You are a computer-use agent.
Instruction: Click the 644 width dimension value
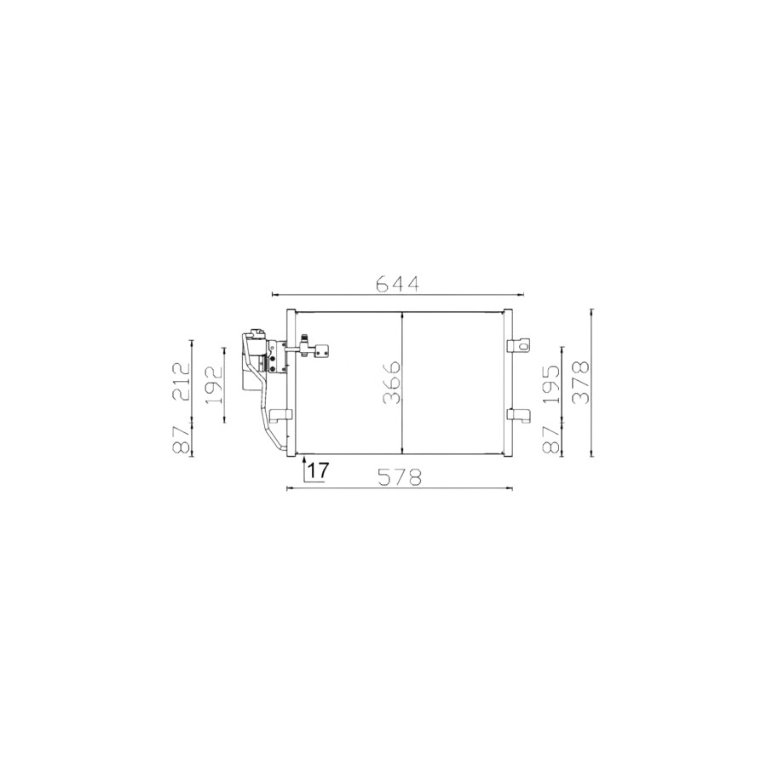[397, 284]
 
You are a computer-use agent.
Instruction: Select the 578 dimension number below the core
[399, 477]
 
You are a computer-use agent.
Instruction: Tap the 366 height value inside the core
[392, 383]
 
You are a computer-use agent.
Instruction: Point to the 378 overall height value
[581, 383]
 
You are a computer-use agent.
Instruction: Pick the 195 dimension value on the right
[551, 384]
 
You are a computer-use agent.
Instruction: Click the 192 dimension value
[214, 384]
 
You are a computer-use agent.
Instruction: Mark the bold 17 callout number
[319, 470]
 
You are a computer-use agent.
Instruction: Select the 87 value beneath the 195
[551, 440]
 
